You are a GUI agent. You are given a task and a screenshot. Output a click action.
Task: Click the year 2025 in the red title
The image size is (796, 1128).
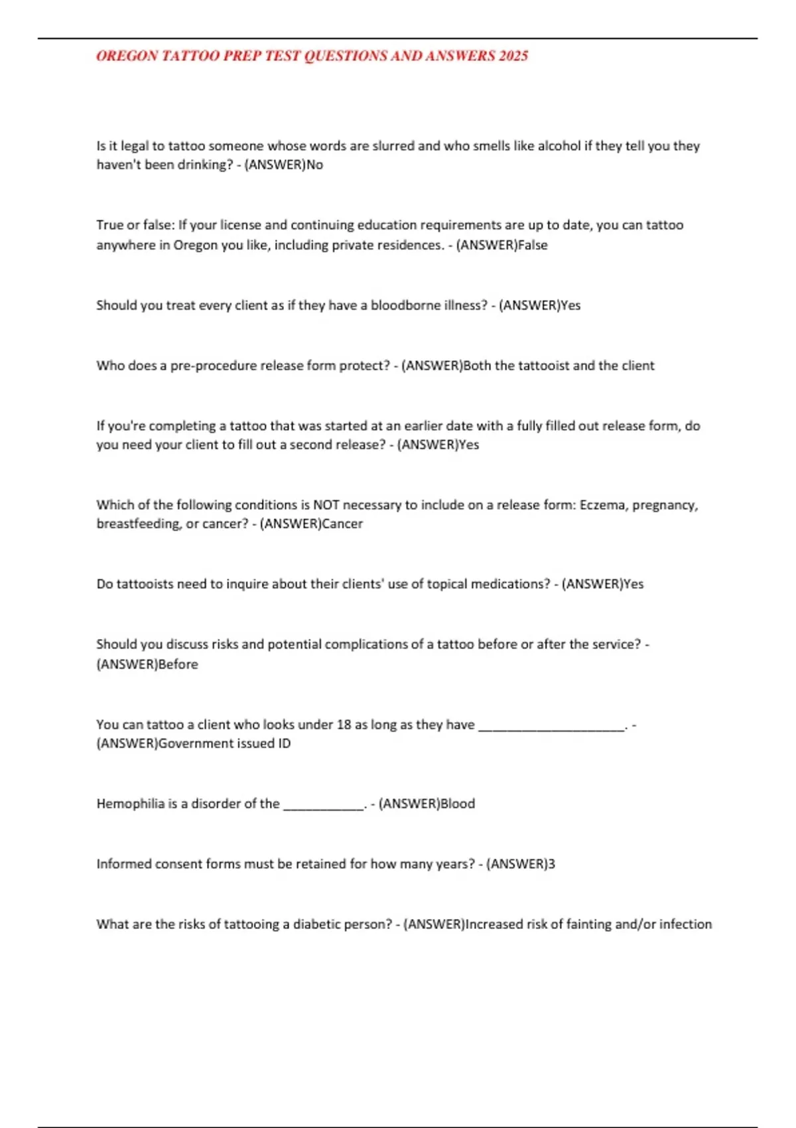tap(513, 56)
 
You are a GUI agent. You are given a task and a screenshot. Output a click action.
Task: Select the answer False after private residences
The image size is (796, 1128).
tap(533, 245)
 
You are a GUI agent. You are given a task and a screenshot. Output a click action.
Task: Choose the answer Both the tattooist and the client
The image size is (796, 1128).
tap(559, 366)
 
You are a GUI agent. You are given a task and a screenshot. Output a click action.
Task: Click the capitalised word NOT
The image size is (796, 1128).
tap(326, 505)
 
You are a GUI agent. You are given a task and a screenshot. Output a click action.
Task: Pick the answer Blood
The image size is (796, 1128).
tap(458, 804)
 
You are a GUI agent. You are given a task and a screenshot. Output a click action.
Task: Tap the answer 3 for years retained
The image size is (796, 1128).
tap(552, 864)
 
